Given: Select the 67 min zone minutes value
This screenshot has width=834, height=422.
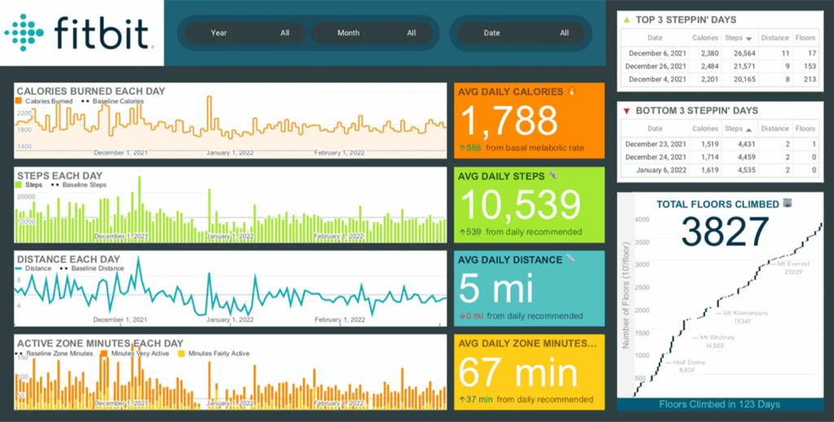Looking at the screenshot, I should [x=518, y=374].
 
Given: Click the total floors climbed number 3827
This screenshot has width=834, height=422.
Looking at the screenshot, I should [x=725, y=231].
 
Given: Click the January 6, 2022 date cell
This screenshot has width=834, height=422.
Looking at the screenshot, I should [x=656, y=170].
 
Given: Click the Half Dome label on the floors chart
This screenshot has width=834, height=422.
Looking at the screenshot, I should [x=686, y=363].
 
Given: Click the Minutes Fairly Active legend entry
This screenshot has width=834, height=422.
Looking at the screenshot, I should [x=218, y=354].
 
